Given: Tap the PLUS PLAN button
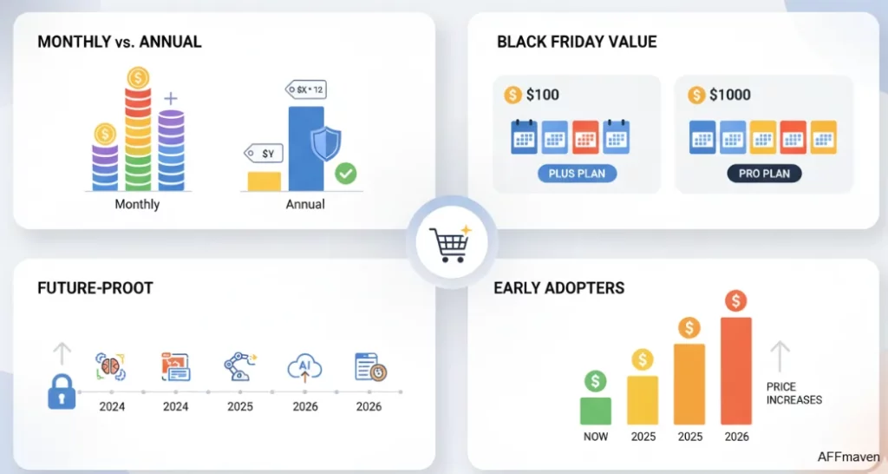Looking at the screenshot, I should (x=577, y=174).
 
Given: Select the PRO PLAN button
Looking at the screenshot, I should (x=764, y=174).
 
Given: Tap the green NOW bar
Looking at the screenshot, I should (x=595, y=411).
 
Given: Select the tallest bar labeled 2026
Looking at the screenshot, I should (x=735, y=371).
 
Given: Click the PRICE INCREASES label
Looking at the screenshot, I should (x=793, y=393).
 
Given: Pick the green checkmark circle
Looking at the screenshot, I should (x=345, y=174).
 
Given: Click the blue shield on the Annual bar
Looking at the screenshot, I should (x=324, y=143).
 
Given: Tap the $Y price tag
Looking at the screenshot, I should (x=264, y=154).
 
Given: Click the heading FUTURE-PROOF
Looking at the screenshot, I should (x=95, y=288).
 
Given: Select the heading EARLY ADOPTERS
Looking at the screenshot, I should (x=558, y=288).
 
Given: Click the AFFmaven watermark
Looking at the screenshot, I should (x=848, y=456).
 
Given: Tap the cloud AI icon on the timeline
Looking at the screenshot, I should (x=304, y=368).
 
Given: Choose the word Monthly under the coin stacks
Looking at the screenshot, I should (x=137, y=205).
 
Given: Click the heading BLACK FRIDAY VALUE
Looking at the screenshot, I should (x=577, y=42).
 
